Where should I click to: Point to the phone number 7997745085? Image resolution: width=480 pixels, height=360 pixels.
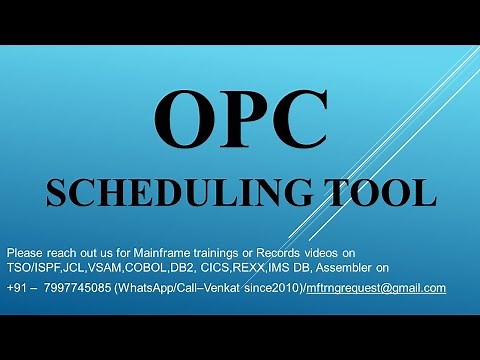point(78,288)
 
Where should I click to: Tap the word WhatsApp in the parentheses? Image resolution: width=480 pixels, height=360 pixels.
point(147,288)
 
